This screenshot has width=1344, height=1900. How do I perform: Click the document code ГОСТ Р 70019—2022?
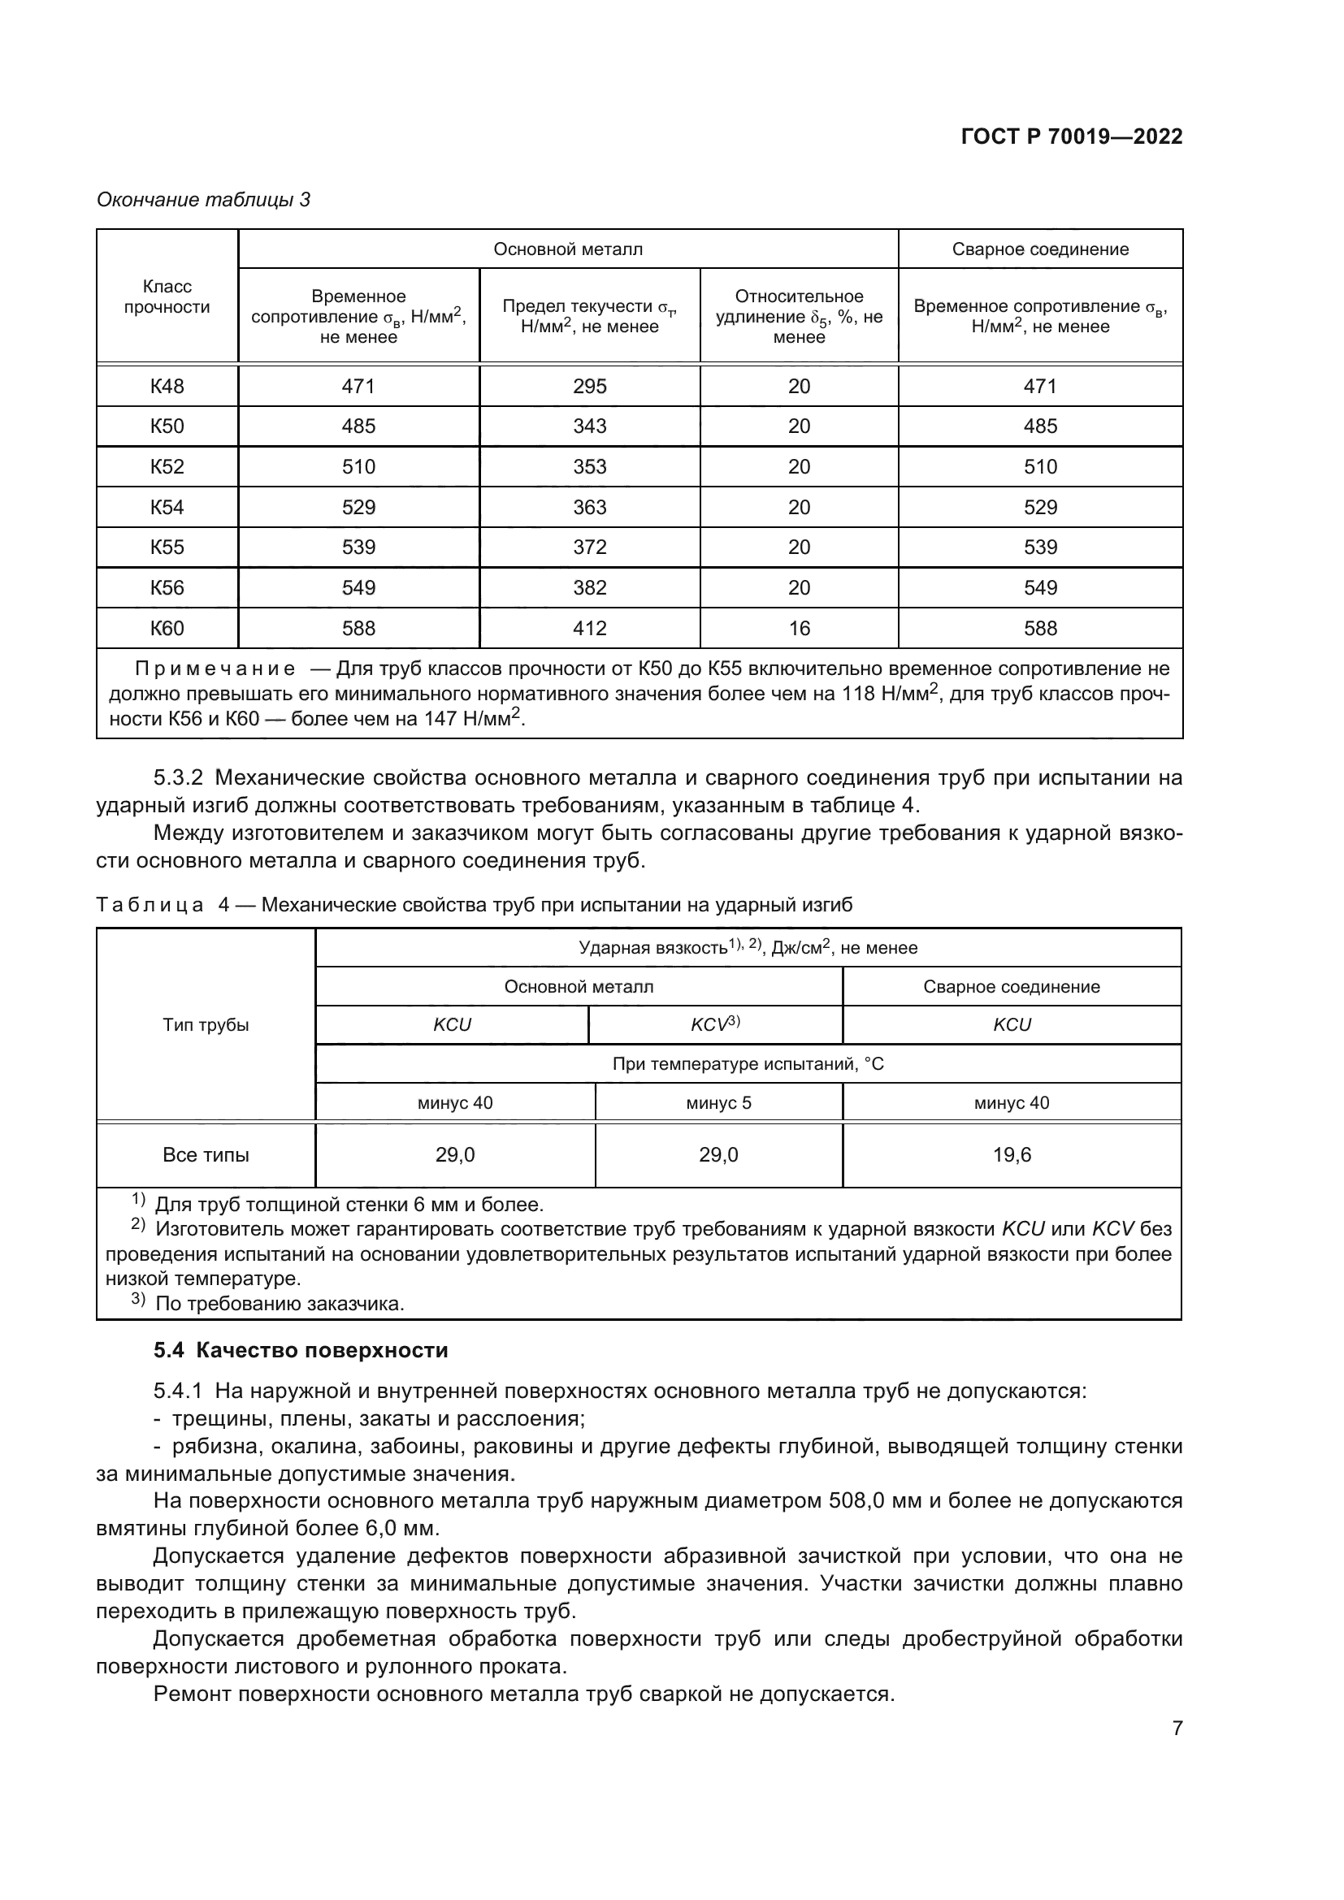(1072, 136)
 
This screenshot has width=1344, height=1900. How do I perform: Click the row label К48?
(167, 387)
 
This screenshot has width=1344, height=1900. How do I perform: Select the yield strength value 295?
(589, 387)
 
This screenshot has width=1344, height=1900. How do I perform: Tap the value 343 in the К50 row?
(589, 426)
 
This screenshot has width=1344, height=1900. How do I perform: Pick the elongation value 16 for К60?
(799, 628)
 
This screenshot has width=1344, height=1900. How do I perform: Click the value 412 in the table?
(589, 628)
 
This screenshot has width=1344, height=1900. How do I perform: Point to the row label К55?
(167, 547)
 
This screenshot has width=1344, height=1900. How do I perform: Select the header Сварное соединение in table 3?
(1039, 249)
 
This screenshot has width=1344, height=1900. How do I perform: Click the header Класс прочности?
(167, 297)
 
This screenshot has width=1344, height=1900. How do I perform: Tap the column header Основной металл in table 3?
(568, 249)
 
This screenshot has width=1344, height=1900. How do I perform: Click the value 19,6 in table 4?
(1012, 1155)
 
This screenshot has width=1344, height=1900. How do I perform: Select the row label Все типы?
(206, 1155)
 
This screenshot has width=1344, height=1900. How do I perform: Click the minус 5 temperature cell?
(718, 1103)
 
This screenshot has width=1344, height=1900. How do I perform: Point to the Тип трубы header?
(206, 1025)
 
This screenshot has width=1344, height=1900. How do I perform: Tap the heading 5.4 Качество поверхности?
(301, 1351)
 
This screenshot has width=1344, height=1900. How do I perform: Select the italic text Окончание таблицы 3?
(204, 200)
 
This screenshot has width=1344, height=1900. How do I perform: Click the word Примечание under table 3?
(215, 669)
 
